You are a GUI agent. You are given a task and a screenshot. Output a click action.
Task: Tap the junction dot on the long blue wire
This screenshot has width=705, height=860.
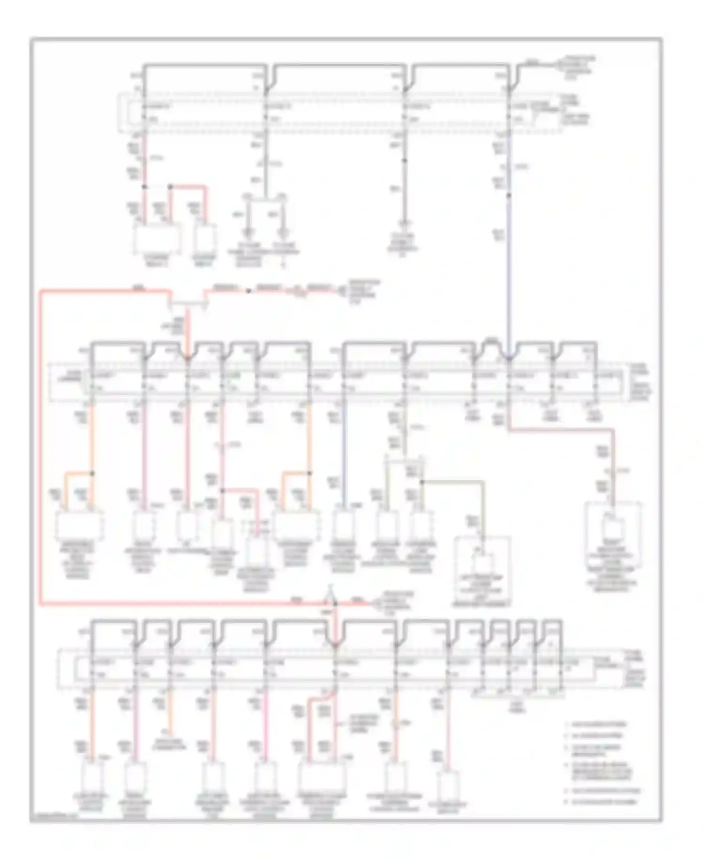pyautogui.click(x=509, y=194)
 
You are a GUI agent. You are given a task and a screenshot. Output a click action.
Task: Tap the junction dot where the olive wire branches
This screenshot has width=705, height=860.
pyautogui.click(x=422, y=482)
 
